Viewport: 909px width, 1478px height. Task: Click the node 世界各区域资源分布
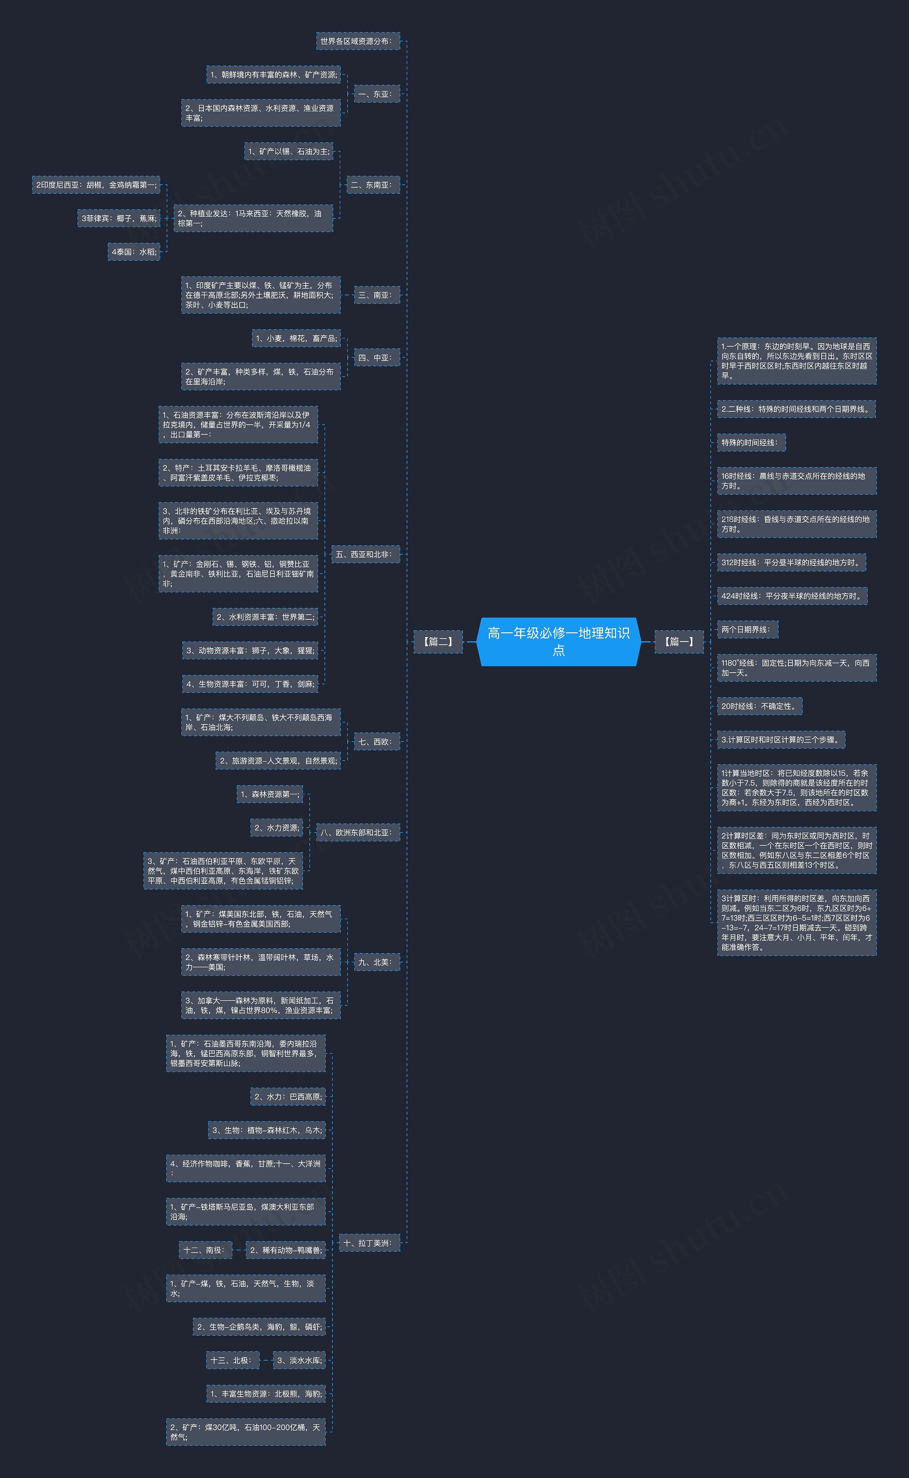[358, 41]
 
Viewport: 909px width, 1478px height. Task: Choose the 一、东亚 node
[376, 94]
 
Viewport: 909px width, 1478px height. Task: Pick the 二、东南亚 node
[373, 185]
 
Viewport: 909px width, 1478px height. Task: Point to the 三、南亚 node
[376, 295]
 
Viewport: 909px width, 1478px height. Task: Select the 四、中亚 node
[376, 357]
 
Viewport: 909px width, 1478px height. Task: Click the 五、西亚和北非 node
[365, 554]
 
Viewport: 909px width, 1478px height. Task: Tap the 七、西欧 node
[376, 741]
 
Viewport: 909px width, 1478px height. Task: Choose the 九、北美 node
[376, 962]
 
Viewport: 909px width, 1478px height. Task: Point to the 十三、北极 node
[233, 1360]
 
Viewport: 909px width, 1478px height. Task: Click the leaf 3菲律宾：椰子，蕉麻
[119, 218]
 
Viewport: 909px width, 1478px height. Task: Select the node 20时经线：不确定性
[759, 706]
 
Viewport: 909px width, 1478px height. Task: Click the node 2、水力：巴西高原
[288, 1096]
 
